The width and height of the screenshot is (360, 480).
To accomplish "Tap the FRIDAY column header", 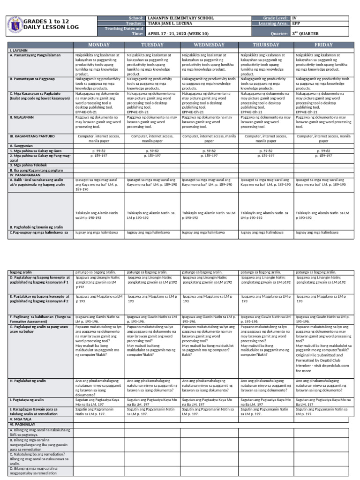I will click(x=324, y=45).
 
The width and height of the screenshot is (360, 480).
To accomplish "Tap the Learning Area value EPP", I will click(x=296, y=23).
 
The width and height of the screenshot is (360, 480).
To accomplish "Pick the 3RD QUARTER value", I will click(x=304, y=34).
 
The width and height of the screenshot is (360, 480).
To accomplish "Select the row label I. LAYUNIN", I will click(x=18, y=50).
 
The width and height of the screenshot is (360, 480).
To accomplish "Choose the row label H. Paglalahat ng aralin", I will click(x=28, y=381).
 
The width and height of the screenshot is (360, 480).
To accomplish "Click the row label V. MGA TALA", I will click(x=22, y=419).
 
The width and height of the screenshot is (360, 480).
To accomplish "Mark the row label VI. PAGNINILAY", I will click(x=23, y=423).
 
